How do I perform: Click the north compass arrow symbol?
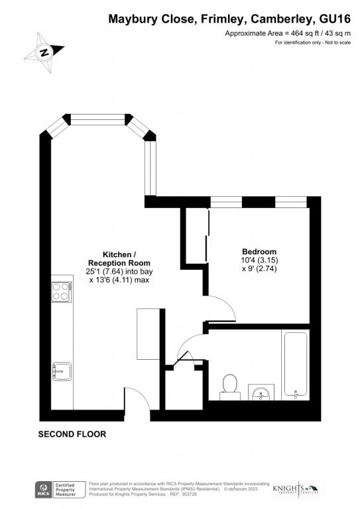coord(44,52)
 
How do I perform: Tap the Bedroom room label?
coord(259,252)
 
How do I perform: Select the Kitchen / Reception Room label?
coord(119,259)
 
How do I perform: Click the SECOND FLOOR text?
coord(72,434)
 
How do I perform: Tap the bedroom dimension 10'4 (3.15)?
coord(259,261)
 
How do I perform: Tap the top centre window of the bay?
coord(97,120)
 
